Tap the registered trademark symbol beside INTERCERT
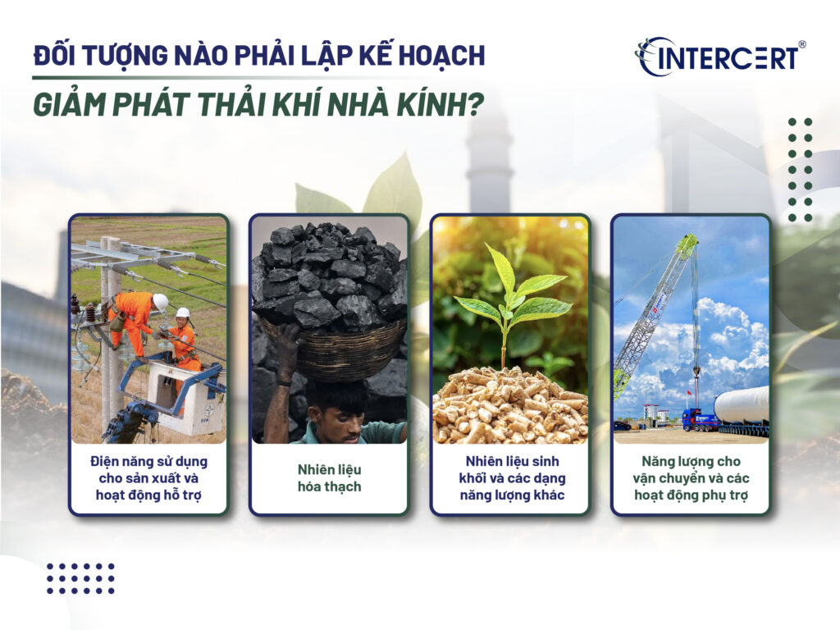point(801,45)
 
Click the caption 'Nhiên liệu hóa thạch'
point(328,478)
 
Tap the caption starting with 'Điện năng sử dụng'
point(148,478)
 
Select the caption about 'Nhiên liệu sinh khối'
point(509,478)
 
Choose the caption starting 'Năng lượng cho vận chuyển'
point(691,478)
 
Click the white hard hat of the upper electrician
point(160,301)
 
